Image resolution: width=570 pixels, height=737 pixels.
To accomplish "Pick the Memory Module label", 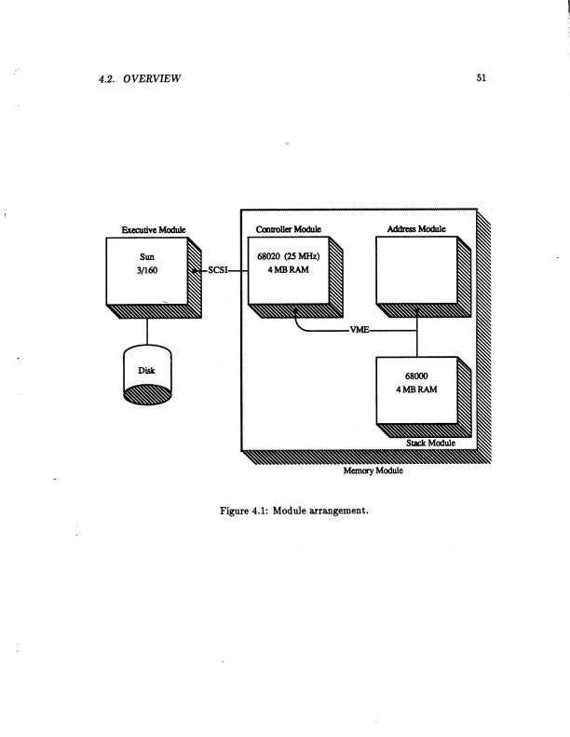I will point(364,471).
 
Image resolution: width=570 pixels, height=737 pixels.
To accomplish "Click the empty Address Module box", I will point(415,270).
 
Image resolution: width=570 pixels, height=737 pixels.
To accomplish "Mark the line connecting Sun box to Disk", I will point(147,329).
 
